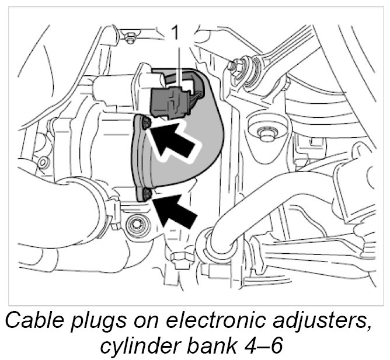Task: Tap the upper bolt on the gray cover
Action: click(145, 122)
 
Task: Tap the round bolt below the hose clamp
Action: click(138, 224)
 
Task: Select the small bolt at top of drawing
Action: click(131, 39)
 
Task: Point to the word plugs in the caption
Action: click(111, 322)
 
